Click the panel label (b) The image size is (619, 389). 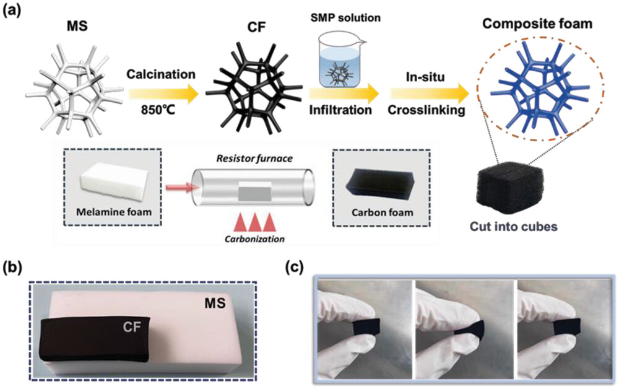14,268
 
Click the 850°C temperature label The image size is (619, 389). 163,115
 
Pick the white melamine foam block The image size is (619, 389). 113,177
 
